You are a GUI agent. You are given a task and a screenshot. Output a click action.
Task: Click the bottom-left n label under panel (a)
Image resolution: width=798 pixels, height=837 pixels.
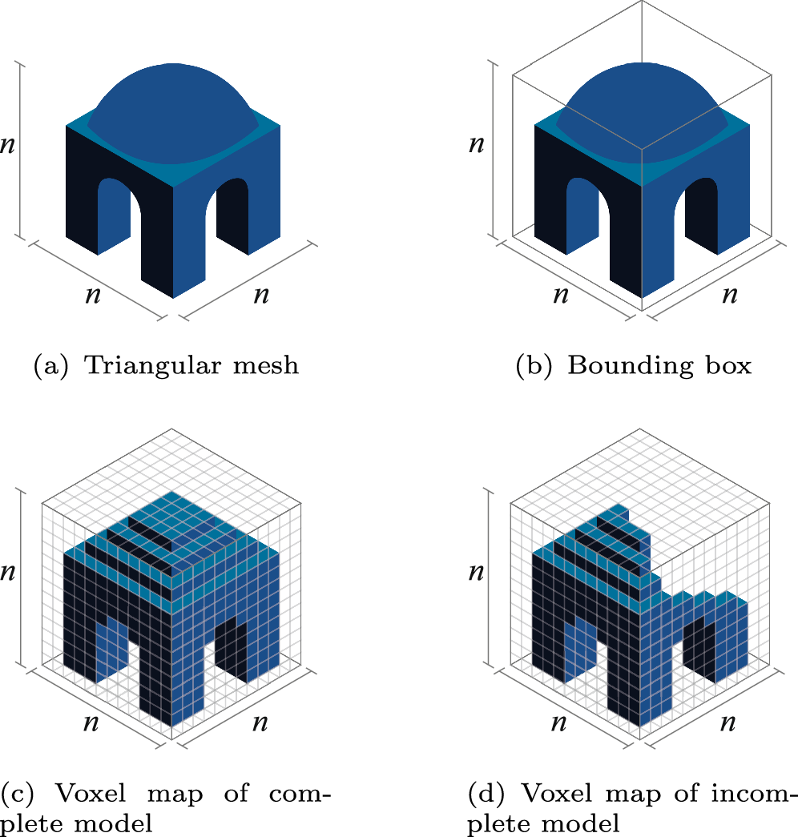[94, 294]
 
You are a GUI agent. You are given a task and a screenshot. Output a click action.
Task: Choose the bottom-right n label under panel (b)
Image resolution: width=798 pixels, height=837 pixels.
[729, 295]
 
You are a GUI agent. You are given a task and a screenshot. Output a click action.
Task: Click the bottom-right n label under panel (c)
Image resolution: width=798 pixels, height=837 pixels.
[260, 723]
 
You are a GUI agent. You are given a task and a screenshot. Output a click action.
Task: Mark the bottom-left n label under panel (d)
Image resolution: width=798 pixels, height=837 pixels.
[561, 722]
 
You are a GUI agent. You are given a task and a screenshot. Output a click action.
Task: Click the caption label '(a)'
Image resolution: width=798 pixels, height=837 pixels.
[48, 366]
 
